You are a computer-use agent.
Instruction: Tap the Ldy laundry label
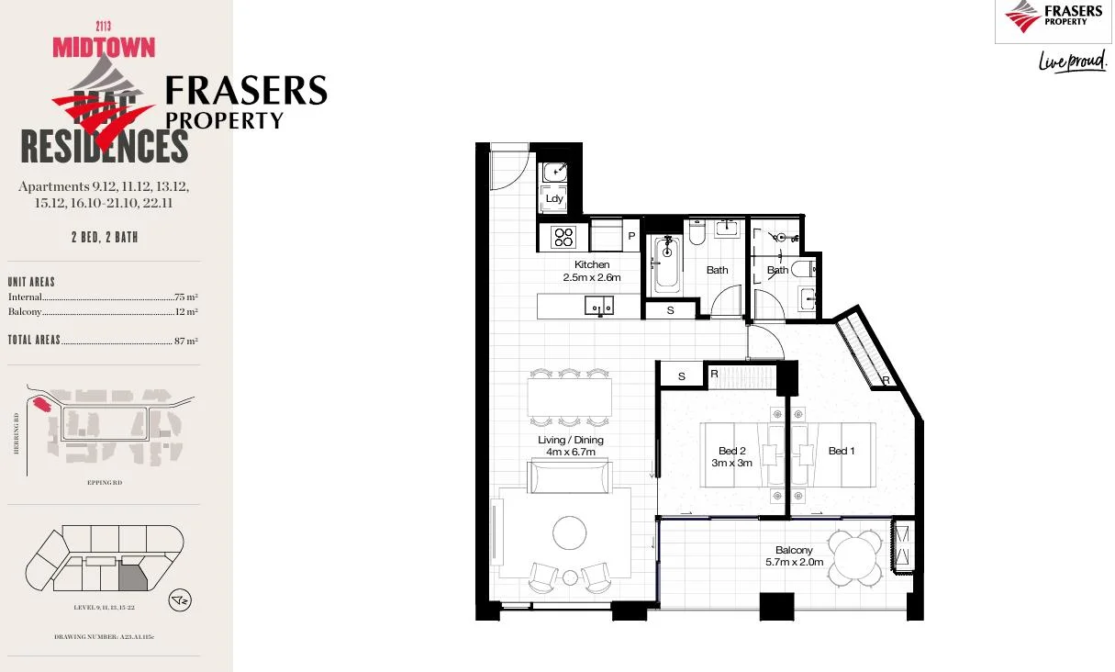553,198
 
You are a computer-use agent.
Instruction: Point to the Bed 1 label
841,451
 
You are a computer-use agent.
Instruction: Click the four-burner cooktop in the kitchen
562,237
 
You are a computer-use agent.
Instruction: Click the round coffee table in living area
570,532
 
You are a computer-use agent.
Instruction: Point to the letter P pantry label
631,237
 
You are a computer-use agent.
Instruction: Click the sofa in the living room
569,477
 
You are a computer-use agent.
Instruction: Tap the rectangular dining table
569,398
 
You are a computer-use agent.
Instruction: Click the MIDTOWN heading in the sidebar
104,47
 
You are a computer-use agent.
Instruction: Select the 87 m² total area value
185,341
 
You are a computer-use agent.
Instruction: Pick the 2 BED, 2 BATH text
105,237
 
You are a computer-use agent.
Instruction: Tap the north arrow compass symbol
181,601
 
